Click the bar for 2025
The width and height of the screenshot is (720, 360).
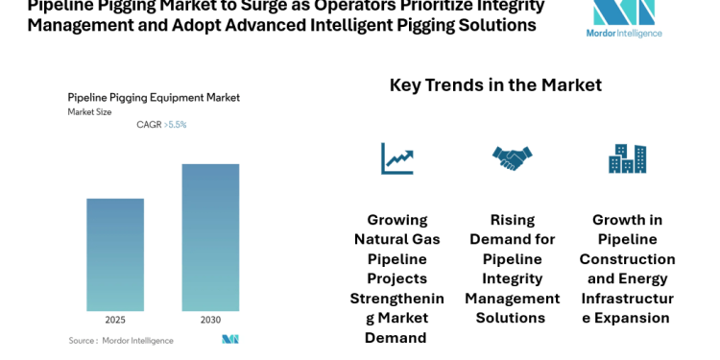point(115,254)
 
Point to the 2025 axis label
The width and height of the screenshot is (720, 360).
point(115,320)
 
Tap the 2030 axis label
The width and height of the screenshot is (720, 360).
point(210,320)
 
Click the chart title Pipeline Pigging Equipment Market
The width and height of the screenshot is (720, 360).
point(154,97)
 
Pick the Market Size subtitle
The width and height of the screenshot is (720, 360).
point(89,112)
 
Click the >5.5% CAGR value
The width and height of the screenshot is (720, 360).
point(175,125)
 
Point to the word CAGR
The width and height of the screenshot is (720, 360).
point(149,125)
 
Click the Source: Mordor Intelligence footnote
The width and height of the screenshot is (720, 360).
point(121,340)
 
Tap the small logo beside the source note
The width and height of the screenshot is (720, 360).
point(229,339)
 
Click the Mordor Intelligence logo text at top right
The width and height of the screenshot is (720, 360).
point(624,33)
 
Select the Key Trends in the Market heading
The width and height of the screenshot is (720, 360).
point(495,84)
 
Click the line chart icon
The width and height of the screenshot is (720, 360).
point(396,158)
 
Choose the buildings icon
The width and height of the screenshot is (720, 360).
point(627,158)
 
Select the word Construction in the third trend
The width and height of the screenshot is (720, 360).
point(627,258)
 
